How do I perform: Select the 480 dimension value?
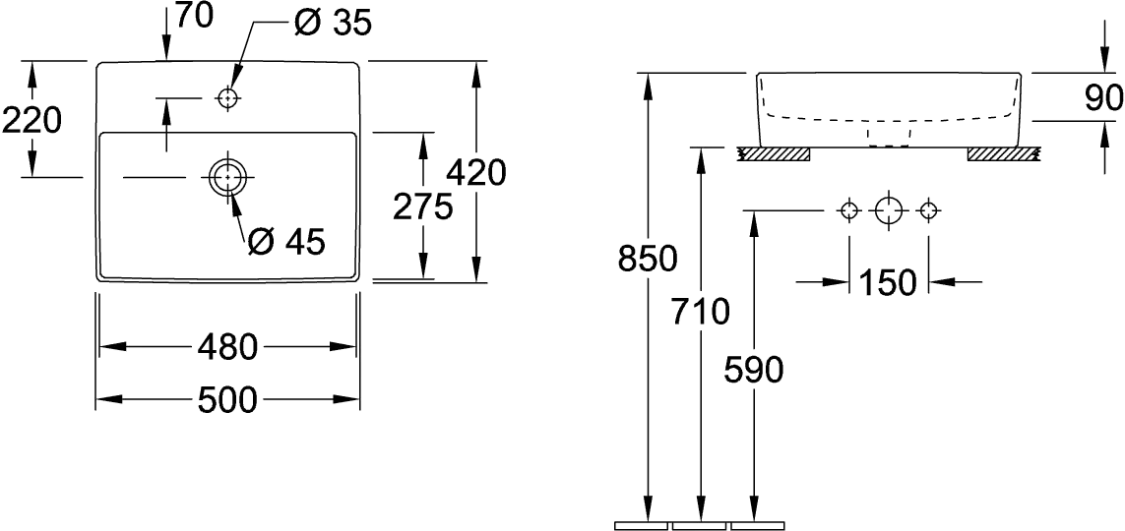coord(227,347)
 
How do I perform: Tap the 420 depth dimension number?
coord(476,173)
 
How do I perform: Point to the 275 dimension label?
coord(422,206)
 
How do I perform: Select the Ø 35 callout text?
coord(333,24)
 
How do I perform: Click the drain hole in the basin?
coord(228,176)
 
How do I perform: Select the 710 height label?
coord(700,311)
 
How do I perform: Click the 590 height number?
coord(753,371)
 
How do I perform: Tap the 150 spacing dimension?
coord(888,282)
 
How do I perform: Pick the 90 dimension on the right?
coord(1103,98)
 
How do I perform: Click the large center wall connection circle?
coord(888,210)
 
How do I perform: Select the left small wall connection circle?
coord(849,210)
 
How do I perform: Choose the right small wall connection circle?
coord(929,210)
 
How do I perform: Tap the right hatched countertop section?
coord(1003,153)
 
